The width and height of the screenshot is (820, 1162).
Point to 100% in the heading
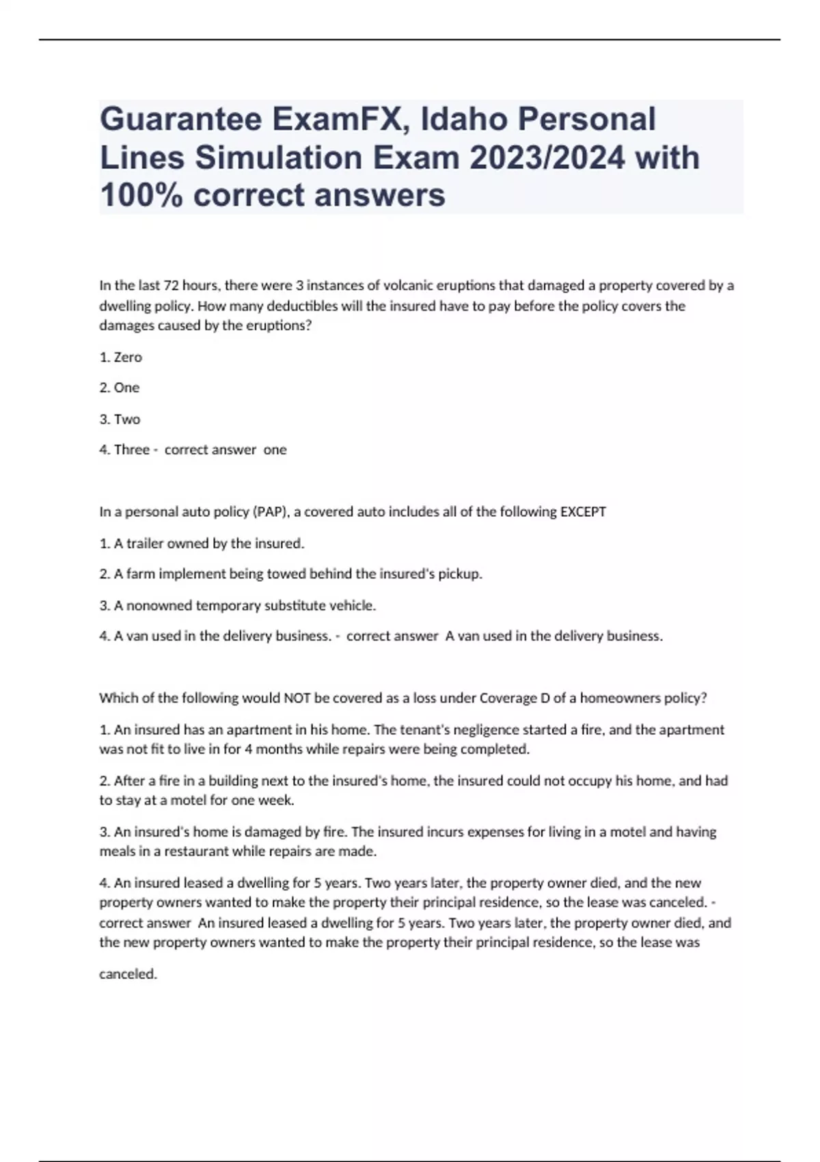tap(141, 195)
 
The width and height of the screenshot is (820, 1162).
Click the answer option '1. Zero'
tap(121, 357)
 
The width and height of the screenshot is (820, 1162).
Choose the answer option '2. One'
tap(120, 388)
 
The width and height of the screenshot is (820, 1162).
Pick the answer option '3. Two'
tap(120, 419)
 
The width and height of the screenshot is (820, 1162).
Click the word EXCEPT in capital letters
tap(583, 512)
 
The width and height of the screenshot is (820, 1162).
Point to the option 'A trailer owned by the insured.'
tap(202, 543)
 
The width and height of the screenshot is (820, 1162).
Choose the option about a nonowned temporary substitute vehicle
tap(238, 605)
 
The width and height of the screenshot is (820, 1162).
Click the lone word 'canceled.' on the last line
tap(128, 974)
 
